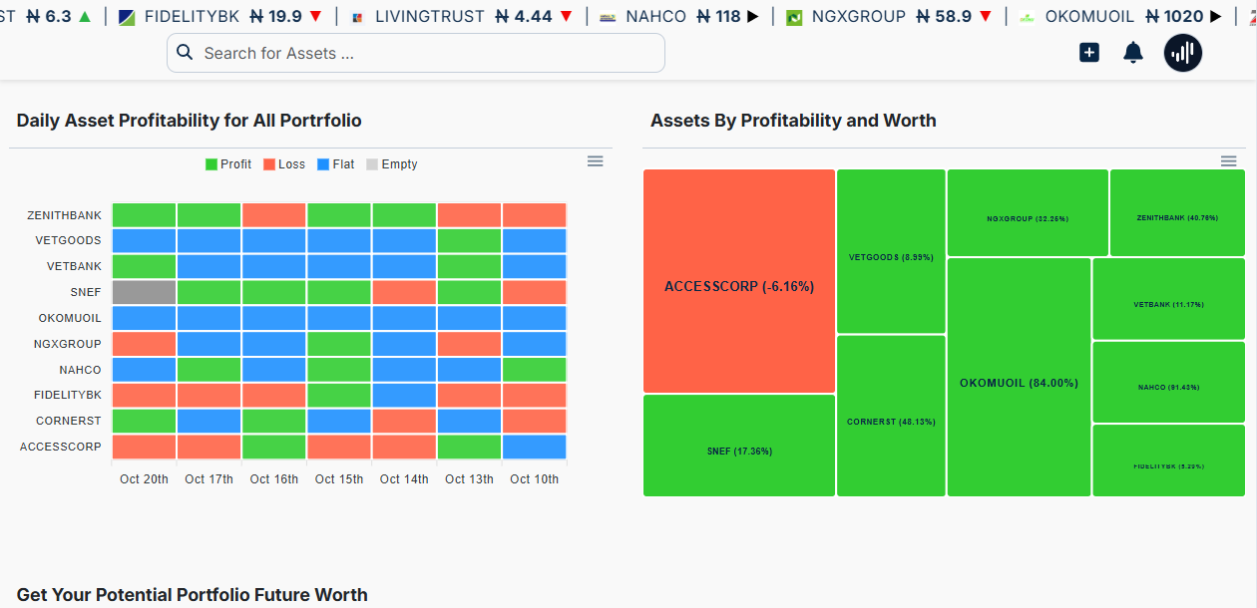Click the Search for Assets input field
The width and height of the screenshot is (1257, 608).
(415, 53)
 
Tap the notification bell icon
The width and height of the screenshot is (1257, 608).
(1133, 53)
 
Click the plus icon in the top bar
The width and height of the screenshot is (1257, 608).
(1089, 53)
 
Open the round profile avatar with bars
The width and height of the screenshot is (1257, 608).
(1183, 53)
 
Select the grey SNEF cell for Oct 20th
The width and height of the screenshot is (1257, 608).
(144, 292)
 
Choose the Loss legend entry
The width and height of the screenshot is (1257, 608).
(284, 164)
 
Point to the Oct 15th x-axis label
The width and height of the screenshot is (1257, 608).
(339, 479)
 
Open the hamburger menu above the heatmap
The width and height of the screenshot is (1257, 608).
(596, 161)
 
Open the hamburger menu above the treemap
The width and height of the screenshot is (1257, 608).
(1229, 161)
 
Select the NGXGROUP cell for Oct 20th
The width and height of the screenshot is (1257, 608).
(144, 344)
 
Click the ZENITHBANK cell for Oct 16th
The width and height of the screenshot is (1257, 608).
(274, 215)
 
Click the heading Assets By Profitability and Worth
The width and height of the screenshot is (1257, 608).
(793, 121)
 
